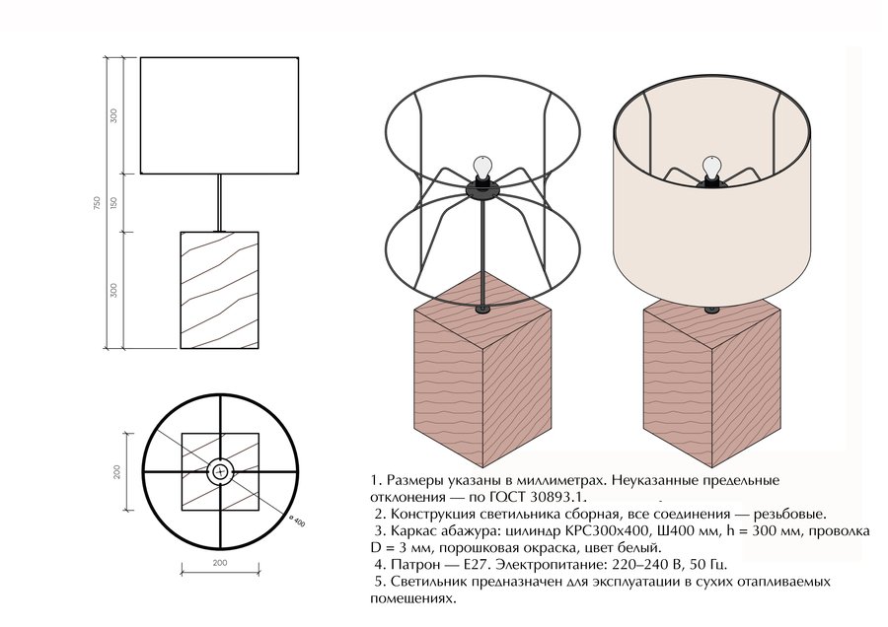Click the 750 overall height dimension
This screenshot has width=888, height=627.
point(97,203)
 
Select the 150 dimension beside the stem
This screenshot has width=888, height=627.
point(113,202)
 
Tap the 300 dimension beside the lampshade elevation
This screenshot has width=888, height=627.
point(113,116)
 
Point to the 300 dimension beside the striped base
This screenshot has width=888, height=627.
point(113,290)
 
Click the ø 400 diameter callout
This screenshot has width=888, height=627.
point(296,521)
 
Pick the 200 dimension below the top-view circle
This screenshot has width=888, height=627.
point(220,563)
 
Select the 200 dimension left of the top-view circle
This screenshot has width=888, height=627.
point(117,471)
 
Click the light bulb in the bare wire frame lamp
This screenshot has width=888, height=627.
point(481,168)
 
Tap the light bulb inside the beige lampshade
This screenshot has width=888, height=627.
point(711,168)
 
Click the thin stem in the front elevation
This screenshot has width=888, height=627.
point(219,202)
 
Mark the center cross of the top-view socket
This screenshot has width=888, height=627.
point(220,471)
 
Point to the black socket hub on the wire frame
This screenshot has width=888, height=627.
point(481,189)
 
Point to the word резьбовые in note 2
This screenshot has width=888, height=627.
point(790,515)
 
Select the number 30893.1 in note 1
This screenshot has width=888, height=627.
point(554,498)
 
